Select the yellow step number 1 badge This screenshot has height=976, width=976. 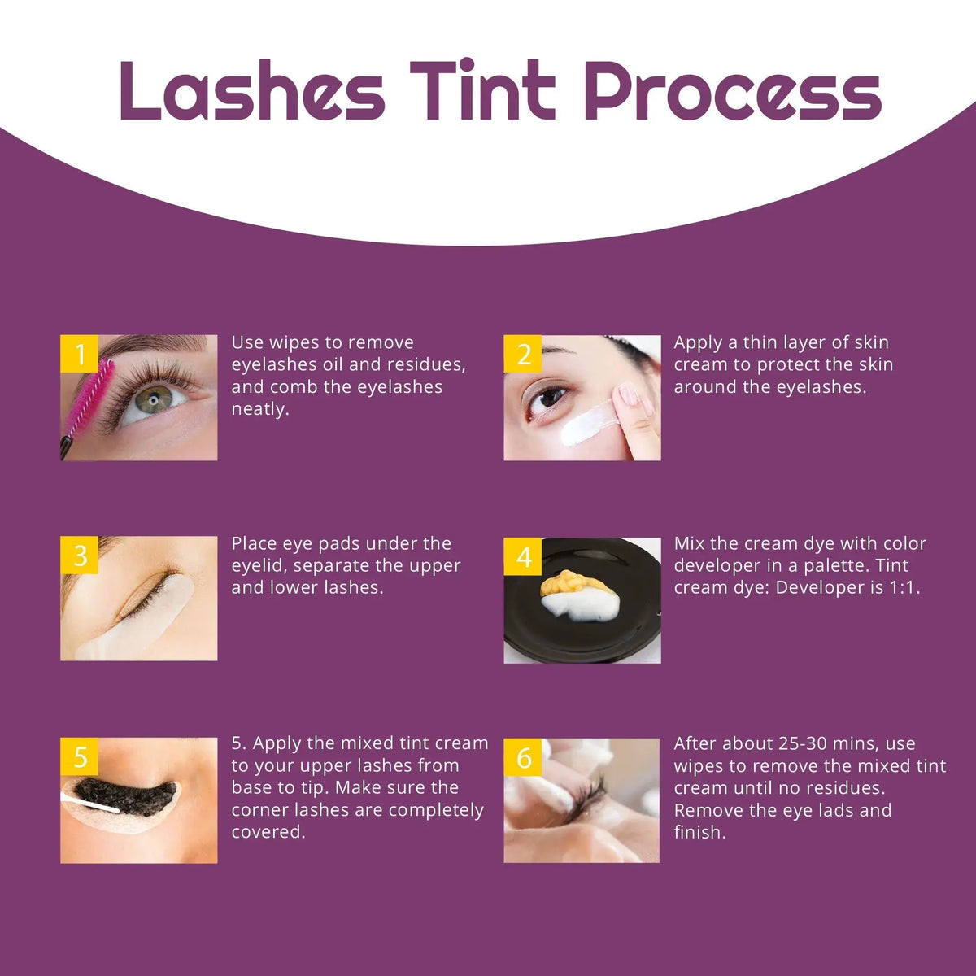tap(80, 354)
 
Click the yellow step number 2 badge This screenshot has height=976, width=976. tap(523, 354)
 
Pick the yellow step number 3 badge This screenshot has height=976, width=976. tap(80, 556)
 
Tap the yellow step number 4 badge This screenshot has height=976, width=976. tap(523, 556)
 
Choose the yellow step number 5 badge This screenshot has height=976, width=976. tap(80, 757)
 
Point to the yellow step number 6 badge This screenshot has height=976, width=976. tap(523, 757)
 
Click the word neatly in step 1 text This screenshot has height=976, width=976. tap(260, 409)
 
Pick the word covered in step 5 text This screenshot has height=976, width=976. tap(268, 832)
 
